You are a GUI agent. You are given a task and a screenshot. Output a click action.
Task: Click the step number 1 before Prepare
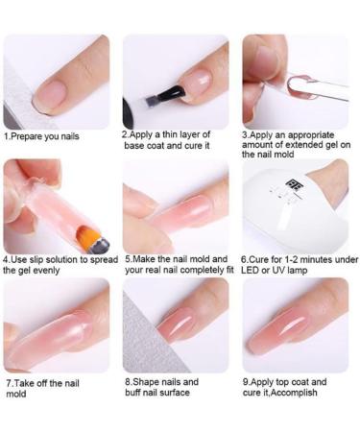[x=7, y=136]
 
